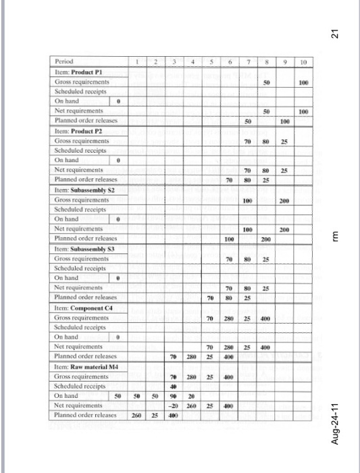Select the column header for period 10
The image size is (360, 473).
coord(304,61)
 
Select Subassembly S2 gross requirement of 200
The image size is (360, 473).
coord(285,201)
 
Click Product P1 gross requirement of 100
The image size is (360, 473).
coord(304,80)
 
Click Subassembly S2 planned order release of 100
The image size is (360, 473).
coord(229,239)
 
